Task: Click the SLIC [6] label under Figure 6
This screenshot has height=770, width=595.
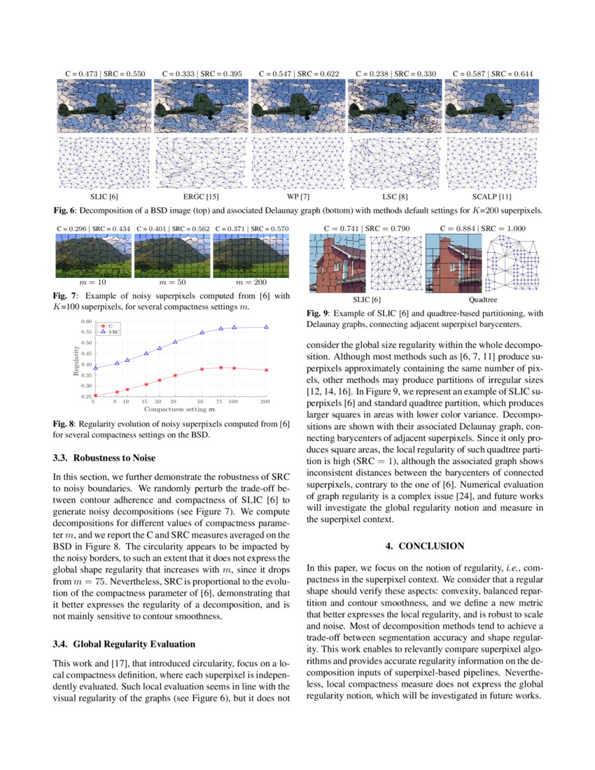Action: (x=103, y=197)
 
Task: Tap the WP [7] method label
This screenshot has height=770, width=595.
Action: (x=298, y=197)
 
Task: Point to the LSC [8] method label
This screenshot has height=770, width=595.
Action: (x=395, y=197)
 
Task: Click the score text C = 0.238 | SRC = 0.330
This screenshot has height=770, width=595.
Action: (x=395, y=73)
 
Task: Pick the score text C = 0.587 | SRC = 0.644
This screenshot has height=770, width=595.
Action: (x=493, y=73)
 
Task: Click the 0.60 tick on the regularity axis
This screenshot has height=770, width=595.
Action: (x=86, y=321)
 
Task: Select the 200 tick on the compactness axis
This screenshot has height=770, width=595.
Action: (x=266, y=402)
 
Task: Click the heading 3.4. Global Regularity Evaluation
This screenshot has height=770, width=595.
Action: (x=125, y=643)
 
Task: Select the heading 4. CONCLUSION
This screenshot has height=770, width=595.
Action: (x=425, y=545)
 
